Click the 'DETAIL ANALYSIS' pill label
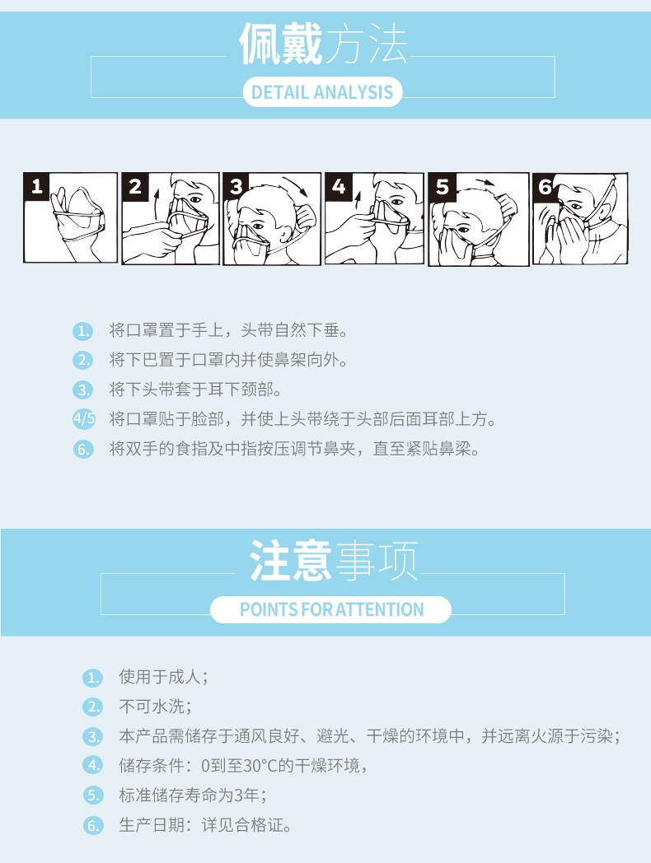pyautogui.click(x=322, y=92)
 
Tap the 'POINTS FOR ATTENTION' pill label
pyautogui.click(x=331, y=610)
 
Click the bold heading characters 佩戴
pyautogui.click(x=281, y=44)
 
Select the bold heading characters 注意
pyautogui.click(x=290, y=560)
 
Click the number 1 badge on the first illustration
pyautogui.click(x=36, y=186)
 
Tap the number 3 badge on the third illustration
pyautogui.click(x=236, y=187)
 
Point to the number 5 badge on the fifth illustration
pyautogui.click(x=443, y=187)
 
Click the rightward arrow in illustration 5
pyautogui.click(x=485, y=182)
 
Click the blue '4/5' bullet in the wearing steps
pyautogui.click(x=84, y=419)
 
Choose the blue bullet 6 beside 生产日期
pyautogui.click(x=93, y=826)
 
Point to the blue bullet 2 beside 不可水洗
pyautogui.click(x=93, y=707)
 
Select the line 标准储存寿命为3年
pyautogui.click(x=194, y=795)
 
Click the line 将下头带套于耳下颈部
pyautogui.click(x=195, y=390)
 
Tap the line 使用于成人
pyautogui.click(x=164, y=676)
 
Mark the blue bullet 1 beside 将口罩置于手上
pyautogui.click(x=83, y=331)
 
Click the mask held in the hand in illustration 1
pyautogui.click(x=80, y=212)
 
